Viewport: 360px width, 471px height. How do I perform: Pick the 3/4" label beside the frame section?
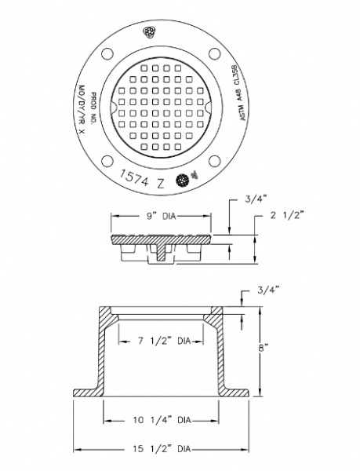(268, 290)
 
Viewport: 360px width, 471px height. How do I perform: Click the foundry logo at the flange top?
(150, 32)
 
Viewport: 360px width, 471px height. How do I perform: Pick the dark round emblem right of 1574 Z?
(183, 179)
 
